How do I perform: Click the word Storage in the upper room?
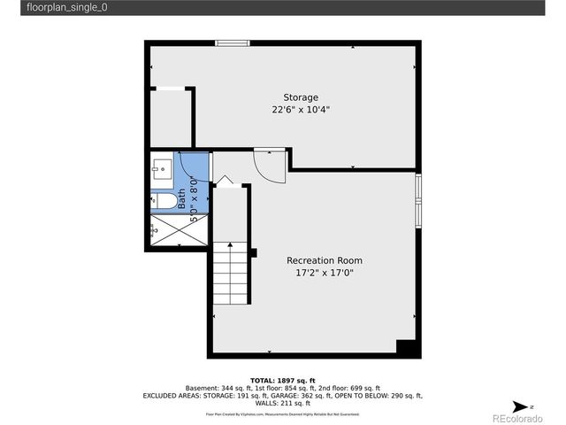pyautogui.click(x=301, y=97)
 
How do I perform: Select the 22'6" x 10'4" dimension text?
pyautogui.click(x=301, y=111)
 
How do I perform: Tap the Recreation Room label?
pyautogui.click(x=325, y=260)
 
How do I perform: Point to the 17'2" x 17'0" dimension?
pyautogui.click(x=325, y=274)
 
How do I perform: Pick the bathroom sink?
pyautogui.click(x=162, y=168)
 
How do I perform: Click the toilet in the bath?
pyautogui.click(x=162, y=201)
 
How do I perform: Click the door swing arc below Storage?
pyautogui.click(x=270, y=164)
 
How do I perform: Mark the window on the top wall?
pyautogui.click(x=233, y=42)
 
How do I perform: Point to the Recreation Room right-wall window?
pyautogui.click(x=418, y=203)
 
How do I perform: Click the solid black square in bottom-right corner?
pyautogui.click(x=407, y=348)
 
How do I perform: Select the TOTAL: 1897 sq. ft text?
pyautogui.click(x=283, y=379)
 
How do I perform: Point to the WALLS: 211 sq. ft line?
pyautogui.click(x=283, y=404)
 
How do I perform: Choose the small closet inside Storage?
pyautogui.click(x=172, y=117)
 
